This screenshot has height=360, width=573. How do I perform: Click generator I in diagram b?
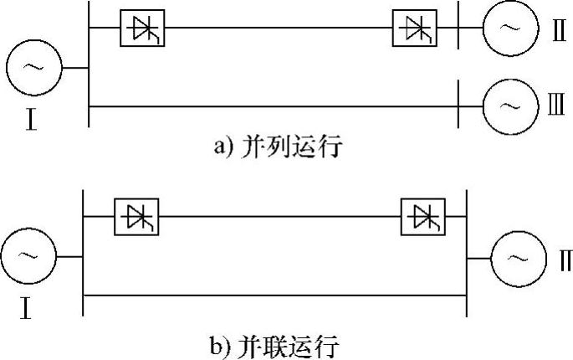click(28, 257)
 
